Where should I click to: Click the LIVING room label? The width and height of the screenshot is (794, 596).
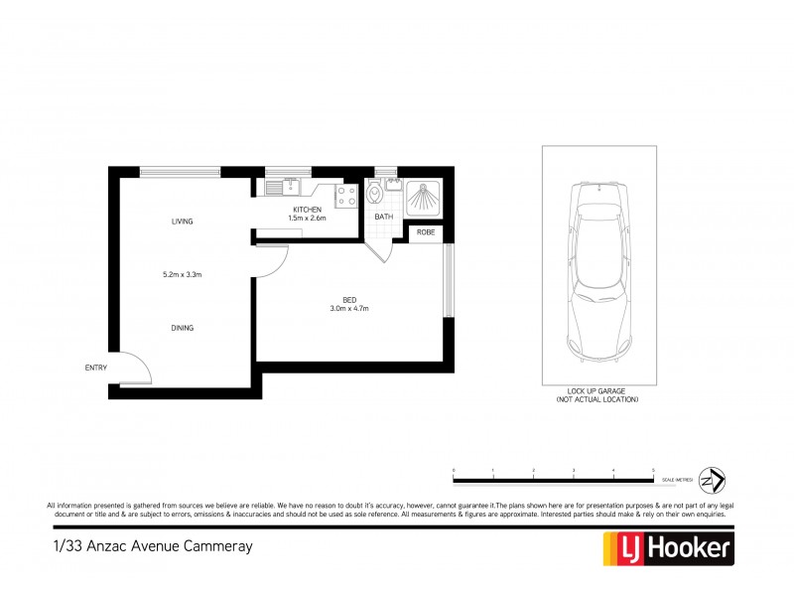coord(182,222)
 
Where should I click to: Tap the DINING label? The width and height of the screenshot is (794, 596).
coord(182,328)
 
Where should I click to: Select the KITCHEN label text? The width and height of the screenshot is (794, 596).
coord(306,210)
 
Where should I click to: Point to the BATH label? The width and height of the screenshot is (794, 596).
coord(383,217)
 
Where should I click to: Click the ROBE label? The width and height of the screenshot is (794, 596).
coord(426,232)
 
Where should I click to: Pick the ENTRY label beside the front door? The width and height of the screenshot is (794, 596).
coord(96,369)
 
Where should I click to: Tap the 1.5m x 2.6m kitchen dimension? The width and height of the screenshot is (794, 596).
coord(306,219)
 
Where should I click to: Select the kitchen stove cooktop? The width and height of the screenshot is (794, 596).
coord(347,195)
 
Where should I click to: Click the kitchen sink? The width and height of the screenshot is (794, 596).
coord(275,186)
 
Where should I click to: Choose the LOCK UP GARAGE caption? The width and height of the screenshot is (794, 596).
coord(597,391)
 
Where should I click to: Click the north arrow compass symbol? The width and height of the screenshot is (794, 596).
coord(713,479)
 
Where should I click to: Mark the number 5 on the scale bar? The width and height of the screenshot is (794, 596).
coord(653,468)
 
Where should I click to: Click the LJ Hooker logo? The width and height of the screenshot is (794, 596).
coord(668,547)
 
